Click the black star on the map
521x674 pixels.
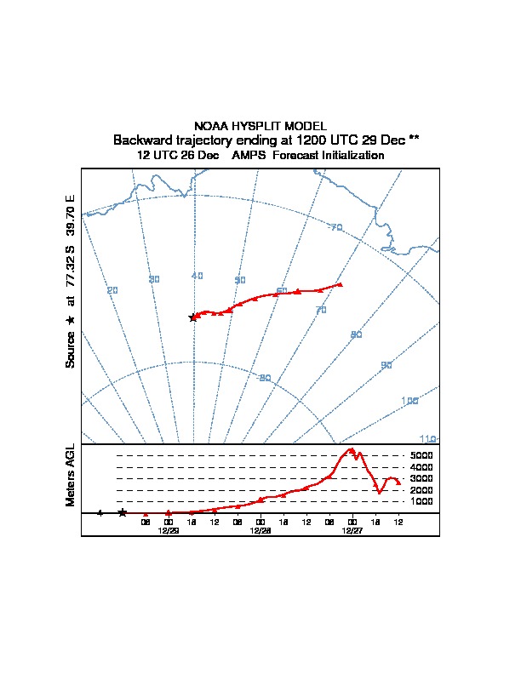(x=193, y=317)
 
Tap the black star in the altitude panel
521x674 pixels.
(x=123, y=513)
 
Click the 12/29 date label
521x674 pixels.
(x=168, y=530)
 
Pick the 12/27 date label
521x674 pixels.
(x=352, y=530)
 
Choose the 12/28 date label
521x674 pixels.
(x=260, y=530)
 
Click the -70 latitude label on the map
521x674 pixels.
(x=335, y=227)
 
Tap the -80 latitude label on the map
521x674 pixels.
(x=264, y=378)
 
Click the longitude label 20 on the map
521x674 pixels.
(x=112, y=291)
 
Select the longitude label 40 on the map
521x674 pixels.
(x=197, y=276)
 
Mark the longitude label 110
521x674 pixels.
(x=427, y=439)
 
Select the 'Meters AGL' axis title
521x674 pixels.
(x=71, y=475)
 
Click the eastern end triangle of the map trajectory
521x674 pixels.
(x=340, y=284)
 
